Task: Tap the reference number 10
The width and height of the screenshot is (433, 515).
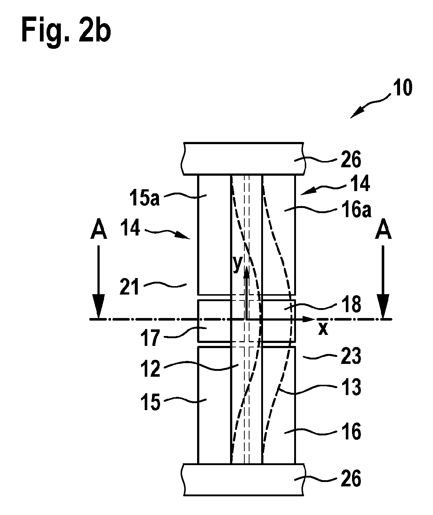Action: [403, 88]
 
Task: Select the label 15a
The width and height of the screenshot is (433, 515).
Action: [145, 198]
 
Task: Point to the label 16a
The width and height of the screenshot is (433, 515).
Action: [356, 210]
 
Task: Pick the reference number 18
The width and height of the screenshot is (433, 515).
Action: [351, 304]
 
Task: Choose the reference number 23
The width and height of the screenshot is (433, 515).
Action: [351, 356]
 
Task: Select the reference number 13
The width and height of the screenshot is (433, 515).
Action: [351, 387]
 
